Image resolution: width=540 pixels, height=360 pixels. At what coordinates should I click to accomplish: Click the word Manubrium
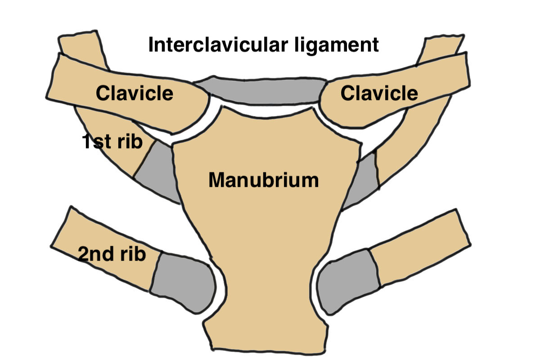[x=263, y=181]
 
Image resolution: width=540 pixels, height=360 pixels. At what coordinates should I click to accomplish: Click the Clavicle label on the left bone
[x=135, y=94]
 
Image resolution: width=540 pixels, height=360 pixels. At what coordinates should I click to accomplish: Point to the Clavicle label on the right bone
[x=379, y=93]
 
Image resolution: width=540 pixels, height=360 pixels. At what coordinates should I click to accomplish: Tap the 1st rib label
[x=112, y=142]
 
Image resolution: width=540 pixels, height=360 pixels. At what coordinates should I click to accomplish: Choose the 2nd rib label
[x=112, y=255]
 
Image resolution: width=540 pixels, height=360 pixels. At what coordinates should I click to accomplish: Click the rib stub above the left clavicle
[x=81, y=45]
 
